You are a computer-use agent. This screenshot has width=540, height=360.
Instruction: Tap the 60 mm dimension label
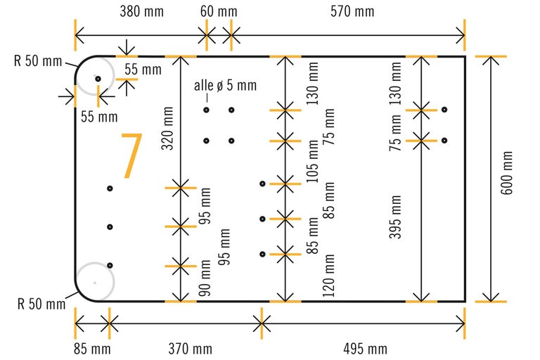coord(219,12)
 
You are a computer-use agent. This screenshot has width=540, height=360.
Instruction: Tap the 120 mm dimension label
coord(328,275)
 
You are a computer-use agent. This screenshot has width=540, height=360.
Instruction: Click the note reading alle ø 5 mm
coord(226,86)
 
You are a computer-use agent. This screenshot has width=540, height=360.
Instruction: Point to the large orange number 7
coord(131,156)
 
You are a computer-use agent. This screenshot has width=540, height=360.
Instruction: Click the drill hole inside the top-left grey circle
coord(98,78)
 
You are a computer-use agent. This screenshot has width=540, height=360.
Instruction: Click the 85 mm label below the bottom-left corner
coord(91,349)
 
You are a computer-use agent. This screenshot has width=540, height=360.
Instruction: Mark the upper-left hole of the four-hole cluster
coord(207,110)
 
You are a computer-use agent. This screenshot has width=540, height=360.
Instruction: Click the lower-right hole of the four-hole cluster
coord(231,141)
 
